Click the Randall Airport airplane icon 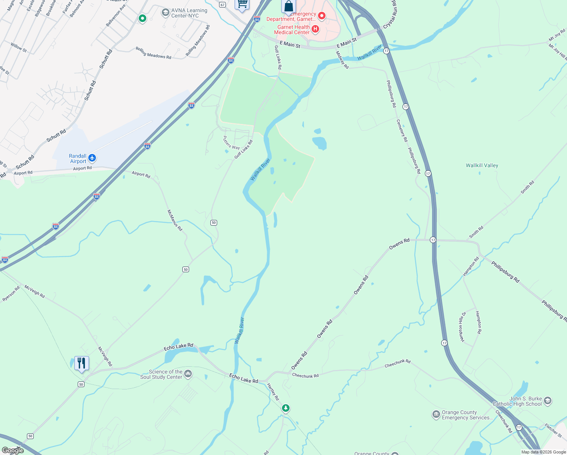(x=92, y=158)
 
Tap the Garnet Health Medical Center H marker (x=315, y=29)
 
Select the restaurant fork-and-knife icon (x=81, y=363)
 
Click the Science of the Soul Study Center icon (x=188, y=374)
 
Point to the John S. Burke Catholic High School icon (x=547, y=401)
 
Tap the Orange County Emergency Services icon (x=436, y=414)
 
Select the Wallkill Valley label (x=482, y=165)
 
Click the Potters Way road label (x=231, y=143)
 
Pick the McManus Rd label (x=175, y=220)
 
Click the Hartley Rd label (x=273, y=392)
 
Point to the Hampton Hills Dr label (x=462, y=327)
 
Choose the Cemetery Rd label (x=402, y=130)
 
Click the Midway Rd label (x=342, y=60)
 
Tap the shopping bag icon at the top (x=288, y=6)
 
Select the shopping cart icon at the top (x=242, y=4)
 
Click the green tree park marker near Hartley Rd (x=286, y=408)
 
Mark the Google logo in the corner (x=13, y=450)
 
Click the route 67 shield (x=222, y=5)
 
